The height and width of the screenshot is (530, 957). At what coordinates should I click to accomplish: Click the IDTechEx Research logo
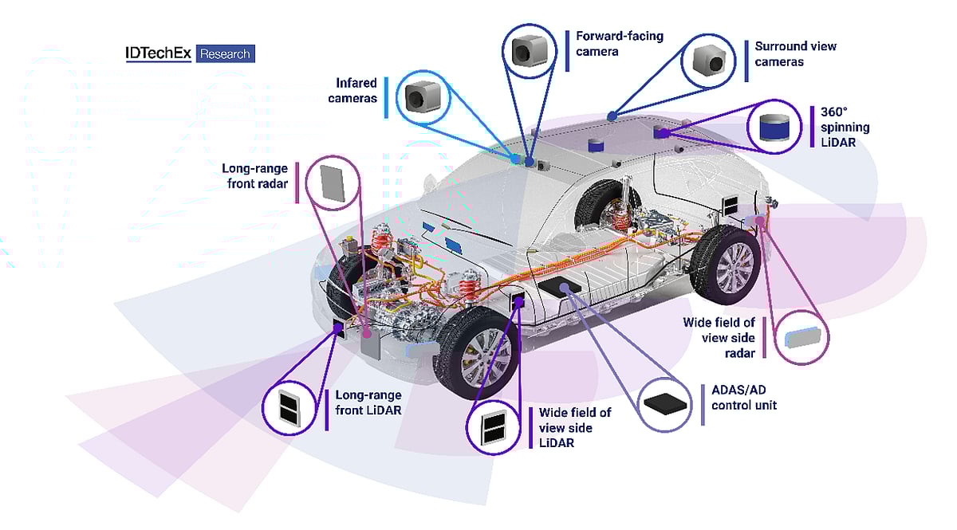[x=190, y=54]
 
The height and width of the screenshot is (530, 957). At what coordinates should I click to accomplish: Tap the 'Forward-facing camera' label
[x=620, y=44]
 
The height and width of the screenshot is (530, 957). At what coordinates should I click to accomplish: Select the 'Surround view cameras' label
[x=795, y=53]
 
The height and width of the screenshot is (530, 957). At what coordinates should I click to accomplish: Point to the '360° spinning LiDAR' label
[x=845, y=127]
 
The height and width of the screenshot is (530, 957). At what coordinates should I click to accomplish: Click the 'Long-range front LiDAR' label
[x=368, y=402]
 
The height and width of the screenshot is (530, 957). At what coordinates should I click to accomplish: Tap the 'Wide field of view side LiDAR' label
[x=575, y=427]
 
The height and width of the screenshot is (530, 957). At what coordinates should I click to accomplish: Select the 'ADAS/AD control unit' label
[x=743, y=398]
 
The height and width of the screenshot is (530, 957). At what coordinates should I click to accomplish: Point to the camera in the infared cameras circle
[x=417, y=96]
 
